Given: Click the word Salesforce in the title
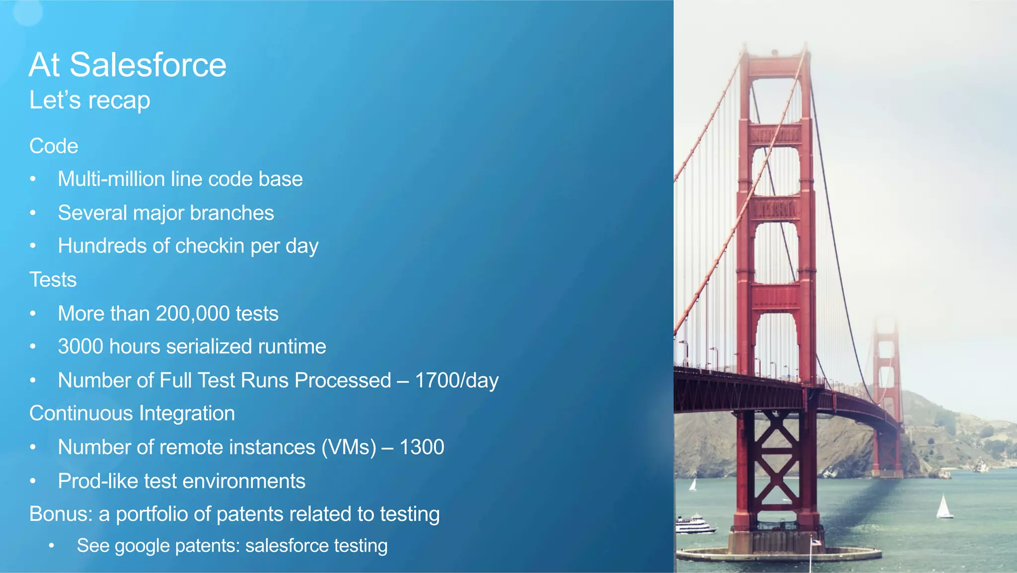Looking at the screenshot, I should point(147,65).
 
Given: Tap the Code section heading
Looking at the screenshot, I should point(54,146).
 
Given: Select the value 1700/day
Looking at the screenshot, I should point(456,380).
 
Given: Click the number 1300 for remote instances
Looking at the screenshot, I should point(422,447).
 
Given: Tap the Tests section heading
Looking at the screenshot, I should point(53,280).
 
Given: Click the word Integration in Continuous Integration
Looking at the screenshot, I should point(187,413).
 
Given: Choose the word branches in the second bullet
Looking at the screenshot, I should point(231,213).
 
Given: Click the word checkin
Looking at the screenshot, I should point(209,246).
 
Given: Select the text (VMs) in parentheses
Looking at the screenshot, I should point(349,447).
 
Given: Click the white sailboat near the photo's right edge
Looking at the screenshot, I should point(944,507).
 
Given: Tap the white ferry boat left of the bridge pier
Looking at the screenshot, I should point(695,524).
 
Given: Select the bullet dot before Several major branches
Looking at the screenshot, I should point(33,213).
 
